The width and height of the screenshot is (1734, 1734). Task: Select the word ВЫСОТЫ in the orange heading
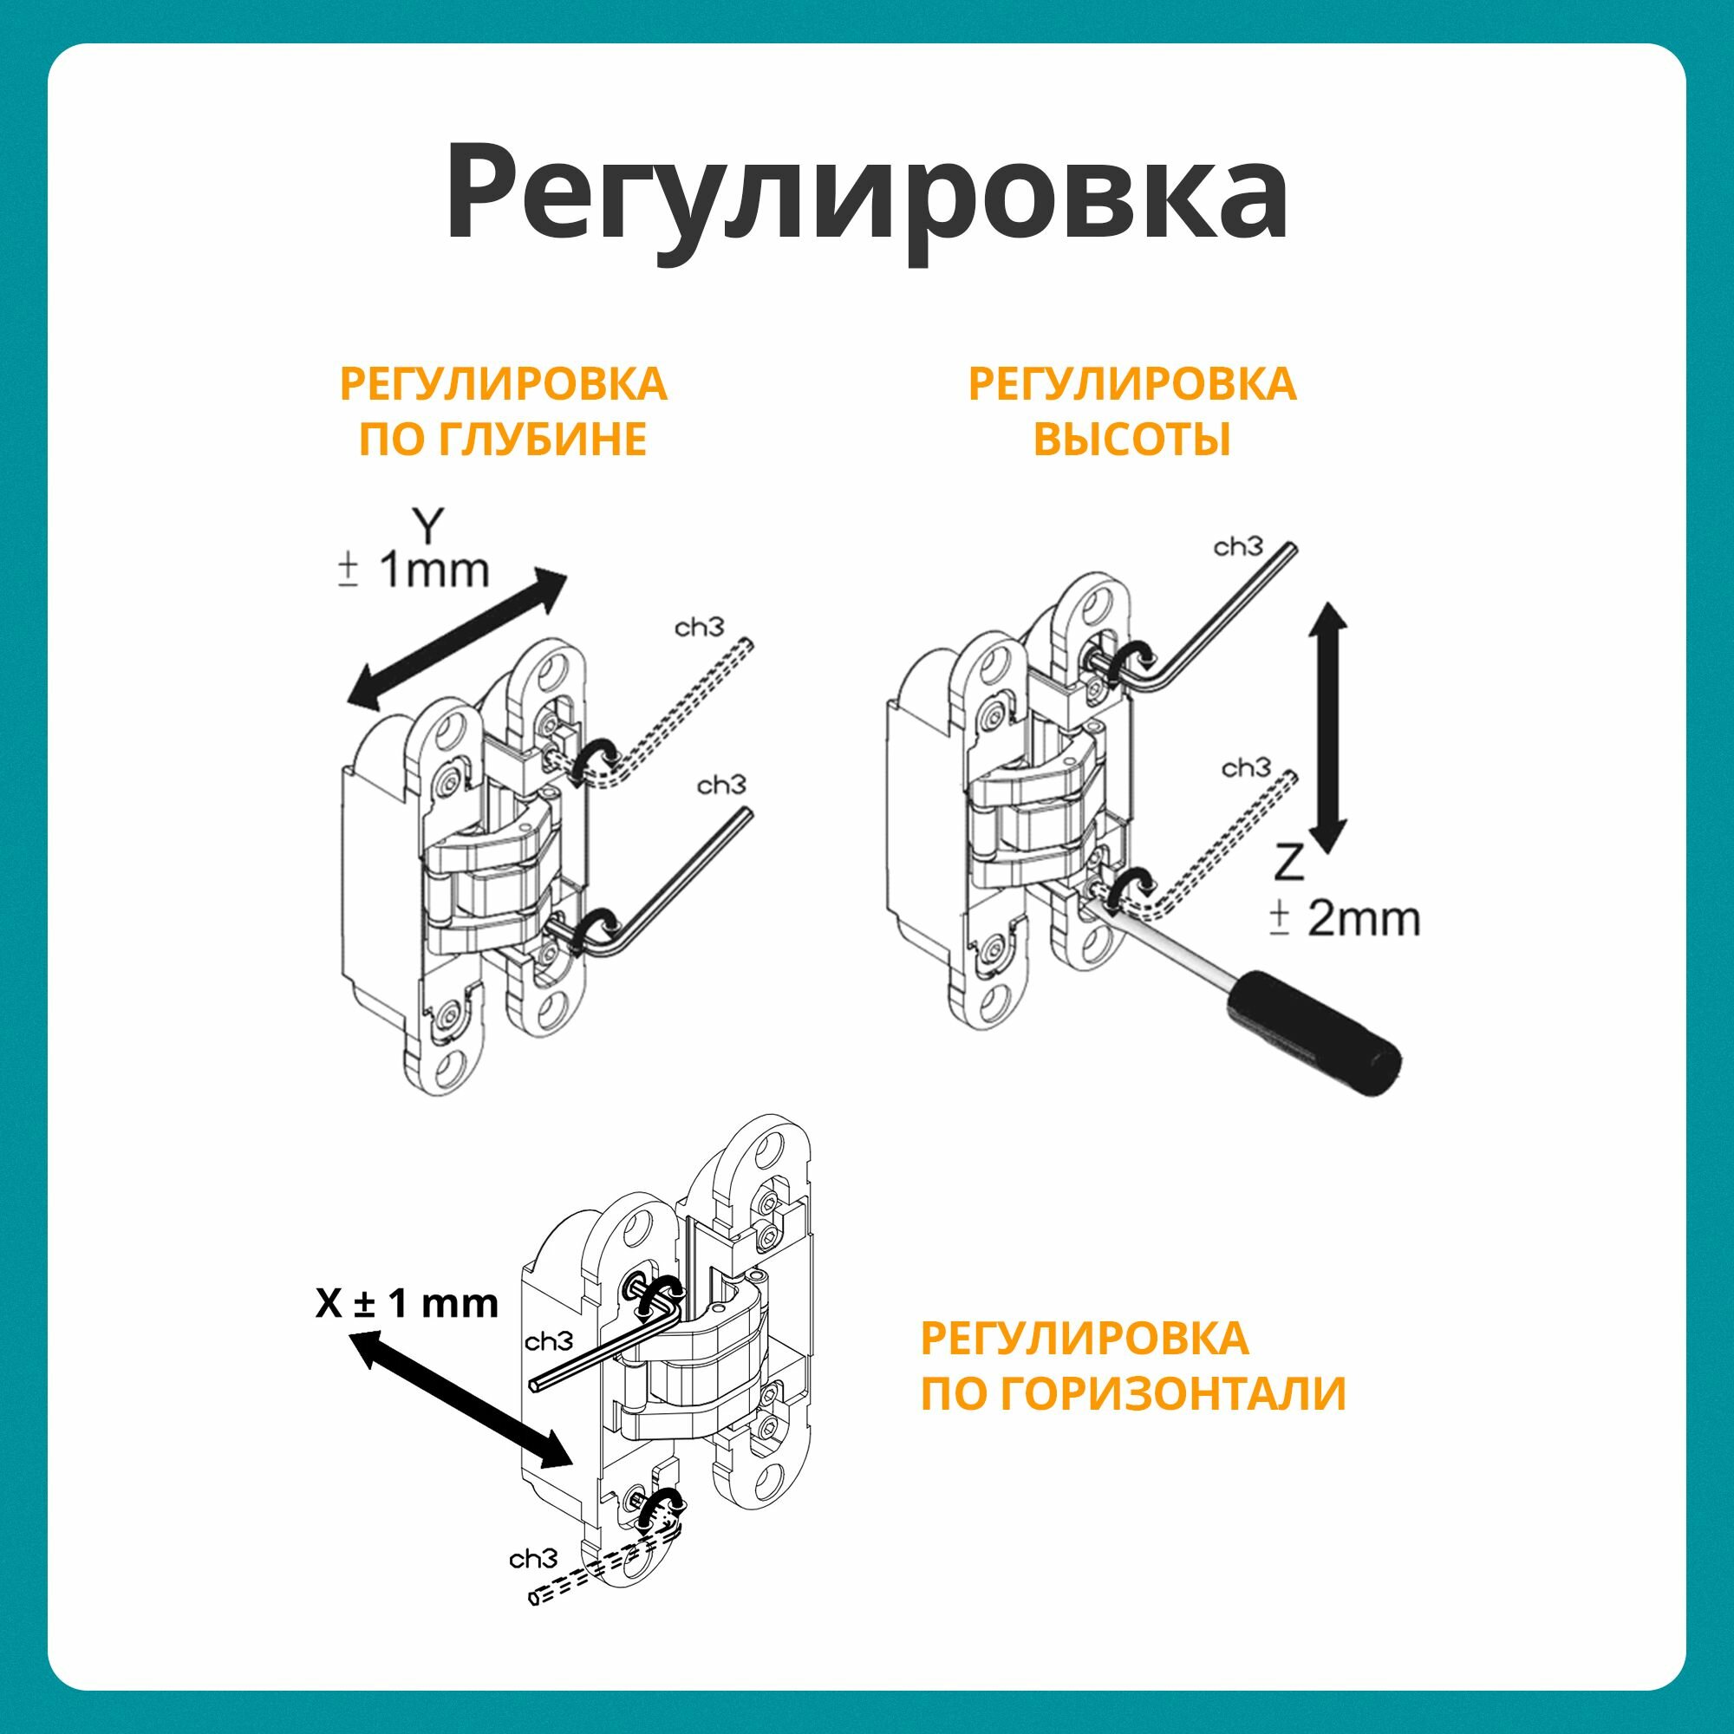pos(1131,440)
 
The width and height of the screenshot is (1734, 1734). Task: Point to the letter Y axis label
pos(428,527)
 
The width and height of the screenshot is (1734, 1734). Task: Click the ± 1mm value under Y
pos(414,570)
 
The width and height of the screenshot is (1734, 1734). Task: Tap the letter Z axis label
pos(1289,864)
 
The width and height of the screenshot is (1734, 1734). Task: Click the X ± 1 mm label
pos(407,1303)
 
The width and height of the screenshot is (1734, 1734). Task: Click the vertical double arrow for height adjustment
pos(1328,728)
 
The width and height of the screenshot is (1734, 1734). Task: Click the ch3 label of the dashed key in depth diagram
pos(698,628)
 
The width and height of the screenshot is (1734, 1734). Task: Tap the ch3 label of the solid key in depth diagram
pos(721,786)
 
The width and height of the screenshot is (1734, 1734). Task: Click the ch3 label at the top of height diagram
pos(1238,546)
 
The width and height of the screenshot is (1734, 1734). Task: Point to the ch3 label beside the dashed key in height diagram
pos(1246,768)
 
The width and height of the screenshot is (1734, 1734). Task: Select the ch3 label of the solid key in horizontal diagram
pos(549,1342)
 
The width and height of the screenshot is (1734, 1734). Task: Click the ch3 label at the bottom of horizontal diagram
pos(533,1559)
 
